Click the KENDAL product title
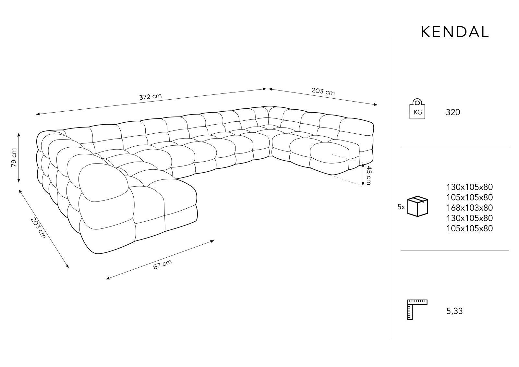click(455, 32)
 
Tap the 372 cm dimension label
click(151, 96)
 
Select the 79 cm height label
click(14, 158)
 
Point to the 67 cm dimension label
click(163, 264)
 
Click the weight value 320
click(453, 113)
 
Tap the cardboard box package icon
click(417, 207)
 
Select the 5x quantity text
click(401, 207)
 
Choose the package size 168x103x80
click(469, 208)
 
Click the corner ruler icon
click(417, 310)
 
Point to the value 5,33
click(454, 311)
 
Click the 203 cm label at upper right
click(323, 91)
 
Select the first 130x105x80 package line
click(469, 187)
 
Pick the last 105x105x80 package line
click(469, 228)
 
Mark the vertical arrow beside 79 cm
click(19, 158)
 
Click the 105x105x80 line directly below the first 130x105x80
click(469, 197)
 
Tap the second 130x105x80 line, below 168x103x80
click(469, 218)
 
